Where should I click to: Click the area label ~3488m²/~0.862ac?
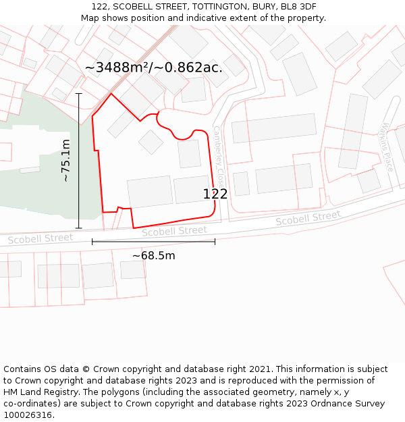pyautogui.click(x=154, y=68)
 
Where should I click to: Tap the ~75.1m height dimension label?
pyautogui.click(x=65, y=161)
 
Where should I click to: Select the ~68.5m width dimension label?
pyautogui.click(x=153, y=256)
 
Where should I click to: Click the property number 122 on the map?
pyautogui.click(x=215, y=194)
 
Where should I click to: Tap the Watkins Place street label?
pyautogui.click(x=387, y=147)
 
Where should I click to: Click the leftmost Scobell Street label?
pyautogui.click(x=40, y=238)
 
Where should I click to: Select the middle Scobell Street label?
pyautogui.click(x=174, y=231)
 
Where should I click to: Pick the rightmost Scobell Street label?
pyautogui.click(x=308, y=218)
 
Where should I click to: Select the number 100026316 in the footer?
pyautogui.click(x=28, y=415)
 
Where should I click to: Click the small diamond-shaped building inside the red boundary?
pyautogui.click(x=151, y=142)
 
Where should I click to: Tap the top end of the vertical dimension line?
pyautogui.click(x=79, y=93)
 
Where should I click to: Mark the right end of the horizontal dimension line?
pyautogui.click(x=215, y=241)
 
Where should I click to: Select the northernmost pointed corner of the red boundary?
pyautogui.click(x=111, y=94)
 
